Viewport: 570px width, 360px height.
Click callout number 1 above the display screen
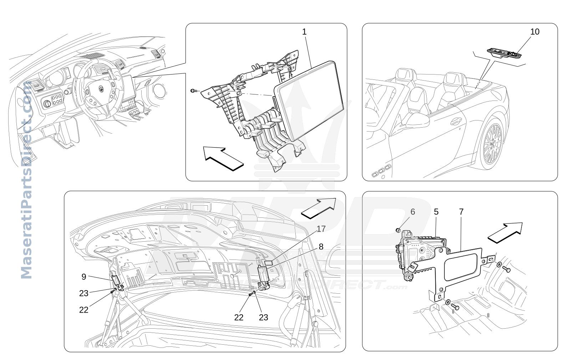[x=304, y=32]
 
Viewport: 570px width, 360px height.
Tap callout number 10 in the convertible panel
[x=535, y=32]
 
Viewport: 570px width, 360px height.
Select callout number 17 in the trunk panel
[x=321, y=229]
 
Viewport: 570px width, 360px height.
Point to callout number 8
[x=321, y=246]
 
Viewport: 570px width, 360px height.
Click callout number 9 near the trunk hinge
[x=84, y=277]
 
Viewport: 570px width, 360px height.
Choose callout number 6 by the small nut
[x=413, y=211]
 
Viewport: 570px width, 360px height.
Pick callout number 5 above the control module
[x=436, y=211]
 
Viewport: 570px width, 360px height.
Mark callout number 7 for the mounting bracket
[x=461, y=211]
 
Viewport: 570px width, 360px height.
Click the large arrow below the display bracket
[x=223, y=159]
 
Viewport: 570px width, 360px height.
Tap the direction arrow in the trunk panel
[x=319, y=209]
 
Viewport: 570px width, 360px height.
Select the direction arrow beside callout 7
[x=505, y=233]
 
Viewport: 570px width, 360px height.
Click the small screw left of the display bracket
[x=193, y=91]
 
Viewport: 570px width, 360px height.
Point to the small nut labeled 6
[x=398, y=230]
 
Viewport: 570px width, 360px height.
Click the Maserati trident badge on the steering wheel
[x=101, y=89]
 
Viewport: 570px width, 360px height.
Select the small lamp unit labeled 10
[x=504, y=53]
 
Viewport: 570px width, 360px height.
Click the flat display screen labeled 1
[x=309, y=101]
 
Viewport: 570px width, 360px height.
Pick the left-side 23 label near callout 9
[x=84, y=293]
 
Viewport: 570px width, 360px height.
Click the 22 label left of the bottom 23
[x=239, y=317]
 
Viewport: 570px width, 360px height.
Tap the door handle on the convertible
[x=456, y=122]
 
